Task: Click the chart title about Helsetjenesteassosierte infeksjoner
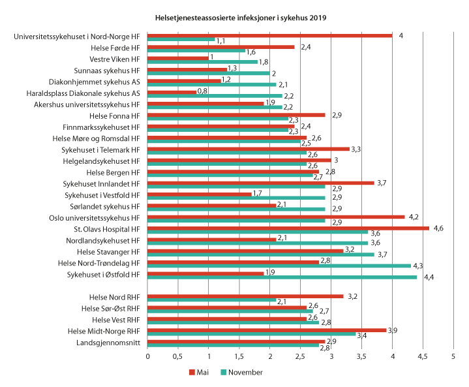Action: click(x=241, y=17)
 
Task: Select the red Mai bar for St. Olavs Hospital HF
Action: click(x=288, y=228)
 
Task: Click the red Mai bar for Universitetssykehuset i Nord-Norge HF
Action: click(x=269, y=35)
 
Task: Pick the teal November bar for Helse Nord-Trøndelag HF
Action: click(x=279, y=266)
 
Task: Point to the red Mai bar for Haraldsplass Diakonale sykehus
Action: click(x=172, y=92)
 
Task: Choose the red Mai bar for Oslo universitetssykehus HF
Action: click(x=276, y=217)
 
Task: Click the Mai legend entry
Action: click(x=200, y=373)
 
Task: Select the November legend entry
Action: click(x=241, y=373)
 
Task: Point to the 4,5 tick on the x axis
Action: click(x=423, y=358)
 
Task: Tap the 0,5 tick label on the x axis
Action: click(x=178, y=358)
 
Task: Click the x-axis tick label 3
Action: click(x=331, y=358)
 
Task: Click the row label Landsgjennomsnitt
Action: click(x=108, y=343)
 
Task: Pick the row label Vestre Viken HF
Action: click(x=115, y=59)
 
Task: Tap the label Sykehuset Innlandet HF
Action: click(x=102, y=183)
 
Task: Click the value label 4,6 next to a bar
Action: click(x=438, y=228)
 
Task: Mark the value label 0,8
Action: click(x=204, y=92)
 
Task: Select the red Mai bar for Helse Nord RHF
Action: click(x=245, y=296)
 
